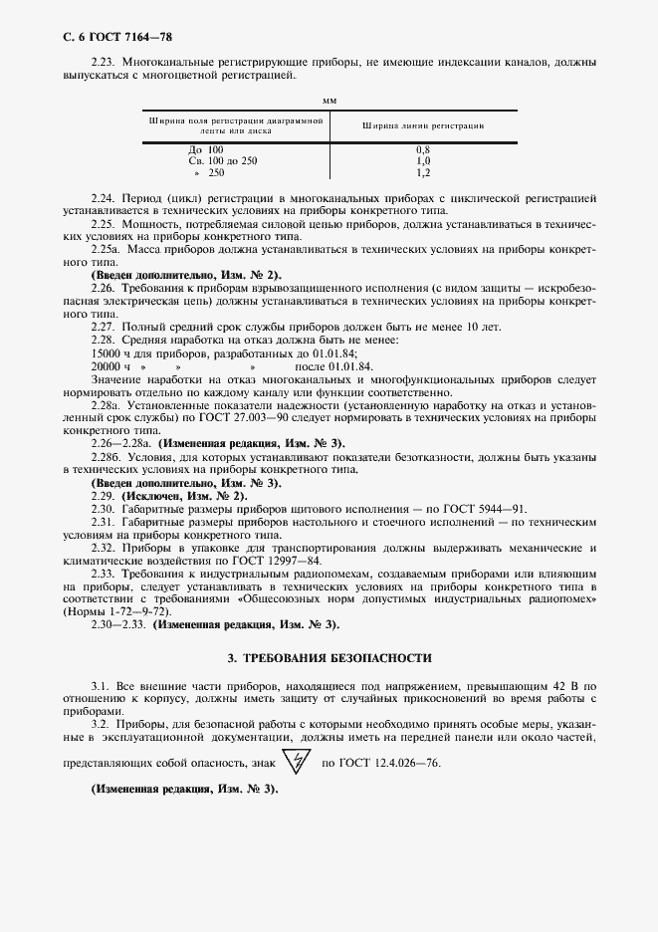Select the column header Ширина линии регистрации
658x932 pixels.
[423, 126]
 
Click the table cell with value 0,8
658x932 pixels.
[422, 149]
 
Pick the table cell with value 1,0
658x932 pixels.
[422, 160]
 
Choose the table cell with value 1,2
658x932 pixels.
[422, 172]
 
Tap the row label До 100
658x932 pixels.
[206, 149]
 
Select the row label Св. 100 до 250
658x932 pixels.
[222, 160]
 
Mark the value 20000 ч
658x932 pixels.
[110, 366]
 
